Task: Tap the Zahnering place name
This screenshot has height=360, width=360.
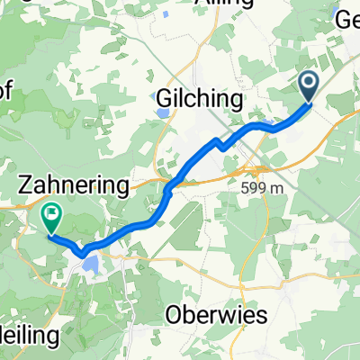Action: click(x=74, y=185)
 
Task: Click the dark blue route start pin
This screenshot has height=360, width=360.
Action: click(x=308, y=86)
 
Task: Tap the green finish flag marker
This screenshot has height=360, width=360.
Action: click(x=51, y=217)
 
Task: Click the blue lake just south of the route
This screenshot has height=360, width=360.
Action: click(x=91, y=264)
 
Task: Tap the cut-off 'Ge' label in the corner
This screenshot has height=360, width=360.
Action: click(x=347, y=20)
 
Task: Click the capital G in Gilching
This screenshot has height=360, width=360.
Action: click(x=165, y=98)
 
